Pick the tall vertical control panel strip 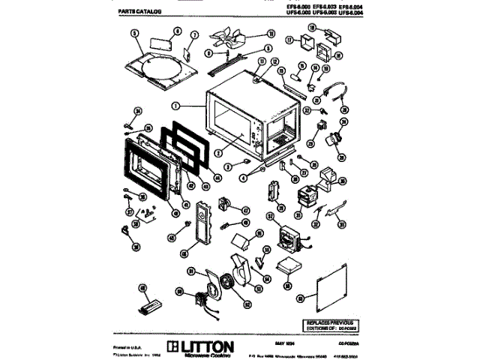pyautogui.click(x=202, y=223)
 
